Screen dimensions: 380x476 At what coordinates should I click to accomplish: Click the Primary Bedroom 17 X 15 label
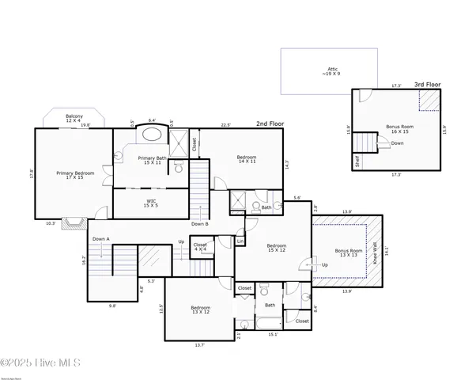point(75,175)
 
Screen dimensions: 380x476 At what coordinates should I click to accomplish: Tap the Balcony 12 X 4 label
point(75,118)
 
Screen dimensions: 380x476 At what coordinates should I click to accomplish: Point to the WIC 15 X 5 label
point(151,203)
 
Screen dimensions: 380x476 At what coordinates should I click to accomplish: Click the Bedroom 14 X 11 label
point(247,160)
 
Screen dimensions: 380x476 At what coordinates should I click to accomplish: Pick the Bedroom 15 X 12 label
point(276,248)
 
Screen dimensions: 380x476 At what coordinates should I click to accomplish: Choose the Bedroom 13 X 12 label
point(200,310)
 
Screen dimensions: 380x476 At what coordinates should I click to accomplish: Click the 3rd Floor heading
point(428,84)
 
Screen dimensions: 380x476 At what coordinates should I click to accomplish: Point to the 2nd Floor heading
point(269,124)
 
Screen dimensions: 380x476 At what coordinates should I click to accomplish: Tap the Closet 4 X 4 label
point(201,248)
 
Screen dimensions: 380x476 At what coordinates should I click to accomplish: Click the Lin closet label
point(240,241)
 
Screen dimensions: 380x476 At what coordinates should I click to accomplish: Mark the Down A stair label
point(100,238)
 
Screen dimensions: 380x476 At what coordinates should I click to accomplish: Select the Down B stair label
point(200,224)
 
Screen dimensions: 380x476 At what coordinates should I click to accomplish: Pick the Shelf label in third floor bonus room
point(358,161)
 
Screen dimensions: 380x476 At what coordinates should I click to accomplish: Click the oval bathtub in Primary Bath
point(150,133)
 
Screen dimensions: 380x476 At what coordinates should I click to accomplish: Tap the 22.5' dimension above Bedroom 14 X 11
point(225,124)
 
